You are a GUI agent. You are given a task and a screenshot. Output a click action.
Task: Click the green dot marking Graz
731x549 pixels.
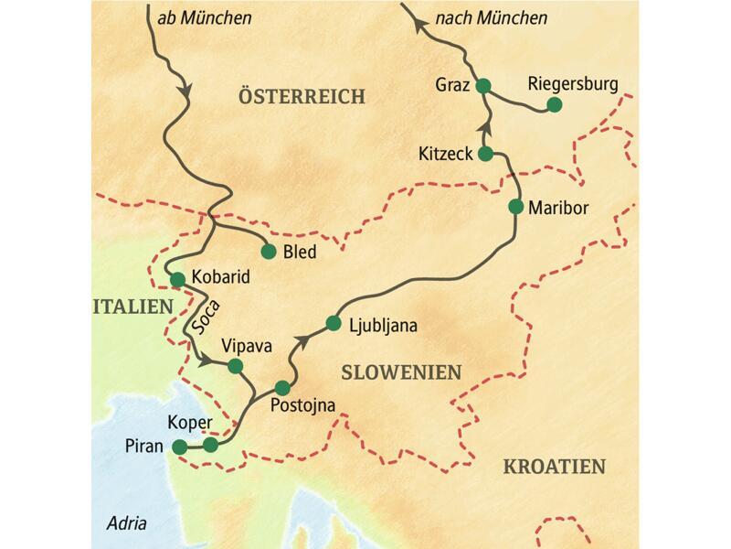click(484, 87)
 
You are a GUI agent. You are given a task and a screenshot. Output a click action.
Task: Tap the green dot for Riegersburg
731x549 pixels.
click(554, 105)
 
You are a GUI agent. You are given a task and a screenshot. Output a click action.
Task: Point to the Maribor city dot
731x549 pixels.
click(515, 207)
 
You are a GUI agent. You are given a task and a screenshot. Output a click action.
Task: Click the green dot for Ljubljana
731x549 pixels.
click(333, 323)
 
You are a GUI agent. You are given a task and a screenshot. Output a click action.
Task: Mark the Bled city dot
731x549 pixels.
click(269, 251)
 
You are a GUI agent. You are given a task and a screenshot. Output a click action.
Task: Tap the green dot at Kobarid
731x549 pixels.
click(177, 279)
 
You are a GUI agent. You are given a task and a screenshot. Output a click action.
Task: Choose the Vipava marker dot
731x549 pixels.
click(235, 366)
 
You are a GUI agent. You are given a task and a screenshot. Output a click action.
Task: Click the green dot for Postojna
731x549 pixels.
click(283, 387)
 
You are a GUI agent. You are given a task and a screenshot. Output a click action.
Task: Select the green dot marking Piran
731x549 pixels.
click(180, 447)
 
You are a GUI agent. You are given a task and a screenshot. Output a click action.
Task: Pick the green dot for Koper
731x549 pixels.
click(211, 445)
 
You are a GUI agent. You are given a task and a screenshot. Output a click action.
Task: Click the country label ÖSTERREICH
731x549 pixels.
click(301, 97)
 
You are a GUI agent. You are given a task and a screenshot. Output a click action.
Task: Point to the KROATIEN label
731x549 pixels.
click(554, 467)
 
